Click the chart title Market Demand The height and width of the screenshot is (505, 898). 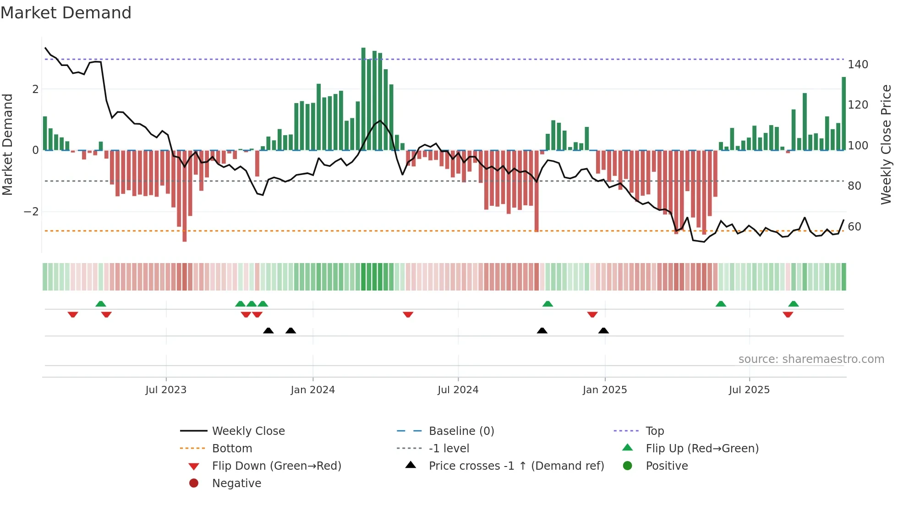click(66, 13)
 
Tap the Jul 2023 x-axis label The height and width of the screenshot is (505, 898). click(166, 390)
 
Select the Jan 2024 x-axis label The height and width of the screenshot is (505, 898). click(312, 390)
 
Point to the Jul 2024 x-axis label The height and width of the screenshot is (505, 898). click(458, 390)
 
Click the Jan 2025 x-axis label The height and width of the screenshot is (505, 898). click(604, 390)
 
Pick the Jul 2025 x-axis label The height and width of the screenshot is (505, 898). click(749, 390)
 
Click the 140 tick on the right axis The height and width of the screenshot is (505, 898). click(858, 65)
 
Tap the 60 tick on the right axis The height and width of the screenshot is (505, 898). click(854, 227)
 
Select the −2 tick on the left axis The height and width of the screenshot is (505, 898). click(31, 212)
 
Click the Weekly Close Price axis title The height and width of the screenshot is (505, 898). click(886, 144)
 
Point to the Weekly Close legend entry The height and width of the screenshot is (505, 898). click(248, 431)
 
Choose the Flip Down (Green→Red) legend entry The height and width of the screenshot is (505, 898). click(276, 466)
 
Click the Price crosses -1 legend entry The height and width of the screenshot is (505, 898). click(516, 466)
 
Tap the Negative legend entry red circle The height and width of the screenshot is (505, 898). click(194, 483)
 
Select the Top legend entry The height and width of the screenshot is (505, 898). click(654, 431)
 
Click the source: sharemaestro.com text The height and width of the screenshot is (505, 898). click(811, 359)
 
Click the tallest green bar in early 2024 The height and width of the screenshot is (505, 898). click(363, 99)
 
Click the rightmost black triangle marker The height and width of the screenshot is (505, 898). click(603, 330)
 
